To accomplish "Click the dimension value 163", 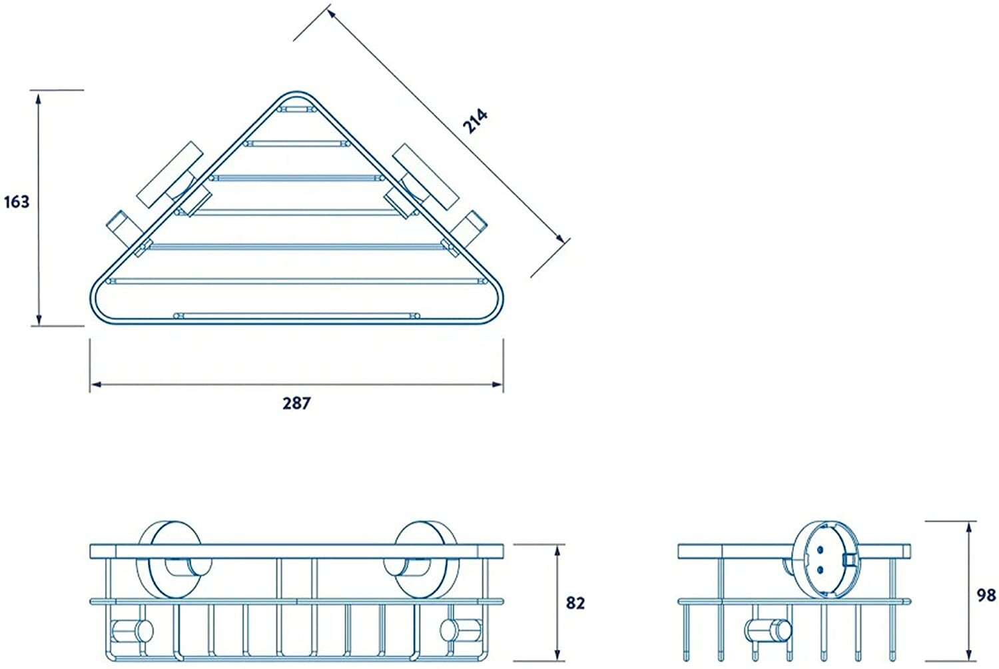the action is click(17, 201).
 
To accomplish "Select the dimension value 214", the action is click(476, 121).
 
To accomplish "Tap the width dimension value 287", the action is click(296, 403).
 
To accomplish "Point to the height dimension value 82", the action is click(575, 603).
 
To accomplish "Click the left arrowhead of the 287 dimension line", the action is click(95, 384).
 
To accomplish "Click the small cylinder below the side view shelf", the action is click(767, 629).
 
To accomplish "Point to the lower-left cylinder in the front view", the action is click(131, 630).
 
